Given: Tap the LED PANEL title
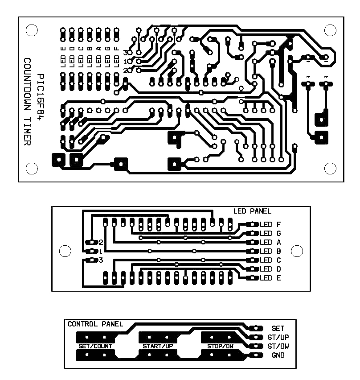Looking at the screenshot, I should point(252,211).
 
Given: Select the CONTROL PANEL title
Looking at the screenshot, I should point(95,324).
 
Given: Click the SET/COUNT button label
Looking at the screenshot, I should point(95,346).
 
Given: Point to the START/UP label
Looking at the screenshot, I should point(158,346).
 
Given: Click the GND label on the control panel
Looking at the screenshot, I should point(278,355).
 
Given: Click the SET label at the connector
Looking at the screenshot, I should point(278,328).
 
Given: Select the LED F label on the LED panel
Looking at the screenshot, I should point(270,224).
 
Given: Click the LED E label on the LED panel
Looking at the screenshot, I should point(270,278).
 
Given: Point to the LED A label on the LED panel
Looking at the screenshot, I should point(270,242).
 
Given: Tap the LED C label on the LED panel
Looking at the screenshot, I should point(270,260).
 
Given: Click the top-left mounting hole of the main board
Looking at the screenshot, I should point(32,30).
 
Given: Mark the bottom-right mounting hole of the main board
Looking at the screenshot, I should point(330,168).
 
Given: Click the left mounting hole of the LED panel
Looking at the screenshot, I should point(65,251).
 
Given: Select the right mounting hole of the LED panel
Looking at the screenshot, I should point(297,251).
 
